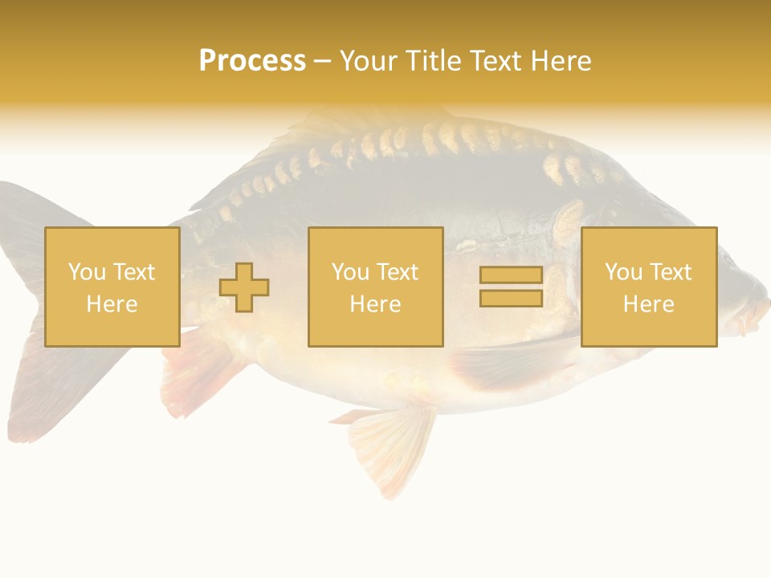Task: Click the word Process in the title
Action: click(252, 61)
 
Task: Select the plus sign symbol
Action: click(244, 287)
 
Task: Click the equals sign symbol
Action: click(511, 287)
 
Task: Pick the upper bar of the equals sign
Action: click(511, 275)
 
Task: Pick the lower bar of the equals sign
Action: click(511, 298)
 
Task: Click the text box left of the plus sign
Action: click(112, 287)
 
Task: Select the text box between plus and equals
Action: click(375, 287)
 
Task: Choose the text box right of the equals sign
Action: click(649, 287)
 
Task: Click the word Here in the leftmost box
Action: click(112, 304)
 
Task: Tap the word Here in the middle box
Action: click(375, 304)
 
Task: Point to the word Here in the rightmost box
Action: click(648, 304)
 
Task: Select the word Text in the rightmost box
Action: click(671, 272)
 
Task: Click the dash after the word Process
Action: click(322, 61)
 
